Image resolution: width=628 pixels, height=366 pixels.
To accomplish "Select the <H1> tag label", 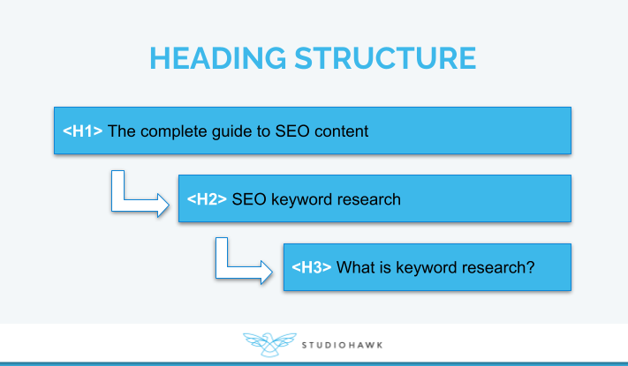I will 83,131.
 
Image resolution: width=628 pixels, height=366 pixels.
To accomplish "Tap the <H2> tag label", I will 208,199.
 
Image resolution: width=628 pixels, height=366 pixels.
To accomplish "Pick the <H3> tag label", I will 312,267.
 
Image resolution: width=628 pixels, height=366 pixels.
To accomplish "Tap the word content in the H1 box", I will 342,131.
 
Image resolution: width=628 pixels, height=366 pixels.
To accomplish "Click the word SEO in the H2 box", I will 248,199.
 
